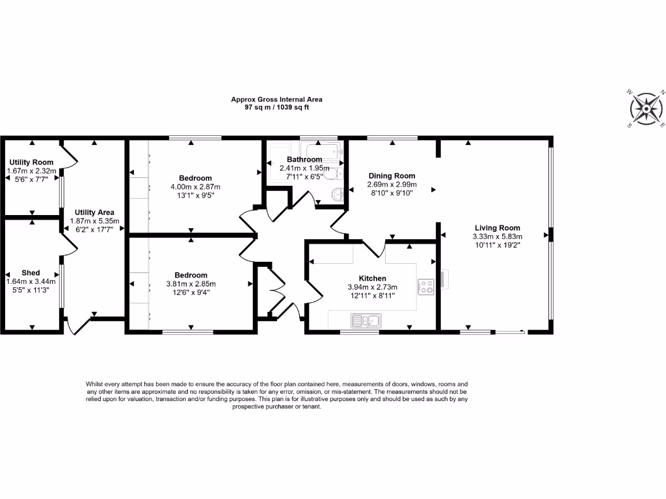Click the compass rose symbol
tap(646, 109)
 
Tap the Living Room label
tap(498, 228)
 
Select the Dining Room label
tap(392, 176)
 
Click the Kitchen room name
tap(372, 278)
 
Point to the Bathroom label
tap(305, 160)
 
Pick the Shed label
tap(31, 273)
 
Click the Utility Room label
tap(31, 162)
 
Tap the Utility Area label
tap(94, 212)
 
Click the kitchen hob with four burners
tap(426, 286)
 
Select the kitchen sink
tap(365, 320)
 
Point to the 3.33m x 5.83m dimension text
tap(498, 237)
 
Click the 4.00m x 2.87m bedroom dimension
tap(196, 186)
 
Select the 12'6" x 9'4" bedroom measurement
tap(191, 292)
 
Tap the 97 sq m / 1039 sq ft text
tap(276, 107)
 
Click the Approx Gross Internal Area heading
tap(276, 99)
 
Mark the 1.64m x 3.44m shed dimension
tap(31, 281)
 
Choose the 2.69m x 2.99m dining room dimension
tap(392, 185)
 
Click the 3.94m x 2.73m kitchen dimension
tap(372, 287)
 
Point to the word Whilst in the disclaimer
tap(95, 385)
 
